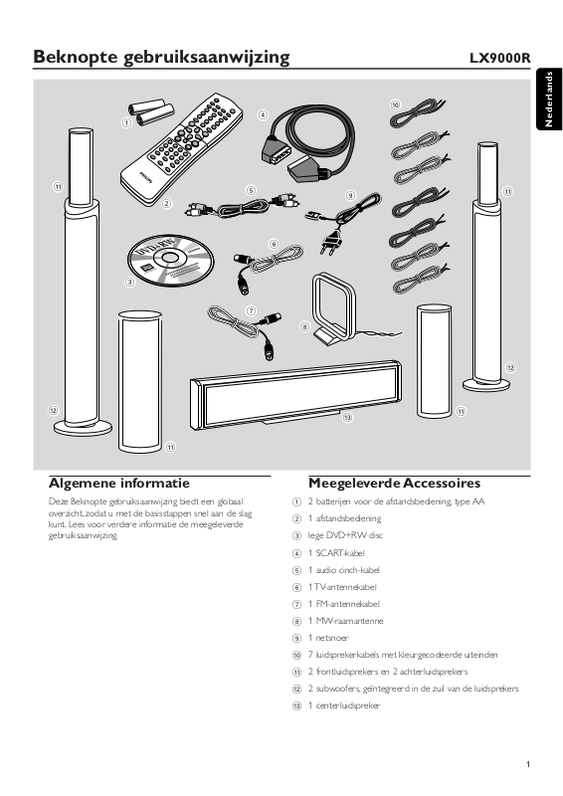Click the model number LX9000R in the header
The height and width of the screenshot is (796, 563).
pos(499,58)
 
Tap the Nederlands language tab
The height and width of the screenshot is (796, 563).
pos(549,99)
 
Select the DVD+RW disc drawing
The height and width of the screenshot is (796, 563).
pos(170,260)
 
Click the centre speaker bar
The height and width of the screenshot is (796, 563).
pos(296,394)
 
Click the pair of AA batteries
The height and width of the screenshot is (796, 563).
pos(151,111)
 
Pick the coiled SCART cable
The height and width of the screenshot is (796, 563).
pos(307,140)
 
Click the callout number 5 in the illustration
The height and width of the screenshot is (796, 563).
pos(251,190)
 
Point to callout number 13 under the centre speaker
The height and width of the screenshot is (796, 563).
pos(347,418)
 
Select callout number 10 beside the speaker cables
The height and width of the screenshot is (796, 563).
pos(396,105)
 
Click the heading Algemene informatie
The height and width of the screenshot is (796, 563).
pos(118,483)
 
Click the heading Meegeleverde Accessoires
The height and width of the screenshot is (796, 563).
pos(395,483)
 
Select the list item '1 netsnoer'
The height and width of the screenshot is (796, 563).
pos(328,638)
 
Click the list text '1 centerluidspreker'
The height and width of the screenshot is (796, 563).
pos(344,705)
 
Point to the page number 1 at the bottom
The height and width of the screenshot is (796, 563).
pos(528,764)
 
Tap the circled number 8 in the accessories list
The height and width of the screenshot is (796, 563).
pos(297,621)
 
